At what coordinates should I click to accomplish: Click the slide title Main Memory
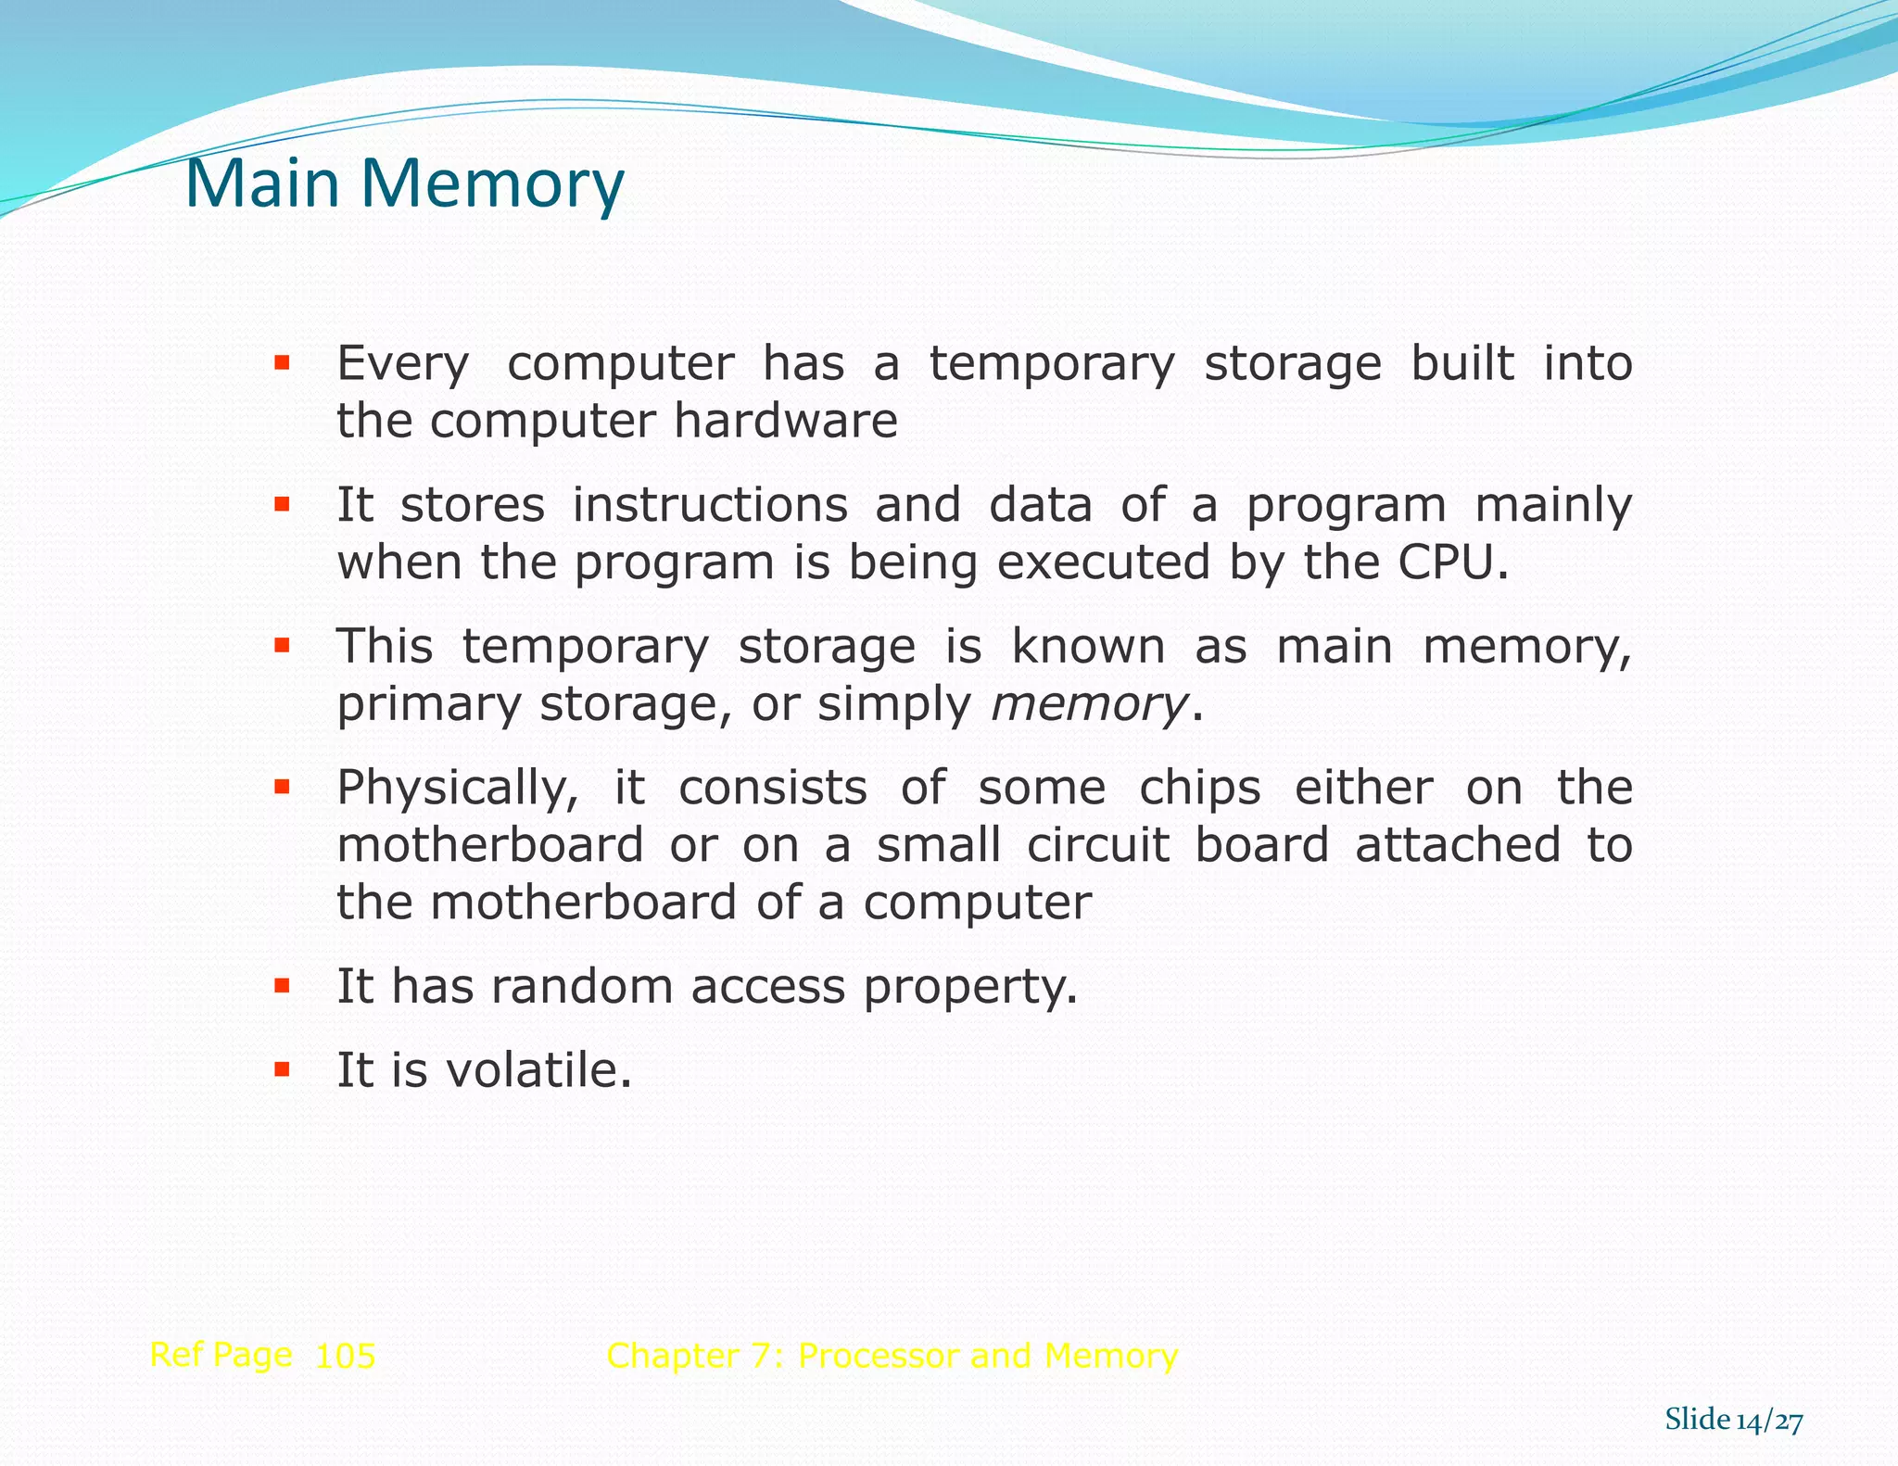pos(405,184)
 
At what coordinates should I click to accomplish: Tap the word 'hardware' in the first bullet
pos(785,422)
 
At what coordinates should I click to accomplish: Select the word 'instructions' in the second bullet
pos(709,506)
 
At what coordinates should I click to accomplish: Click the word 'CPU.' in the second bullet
pos(1453,562)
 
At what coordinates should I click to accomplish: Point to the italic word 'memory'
pos(1089,705)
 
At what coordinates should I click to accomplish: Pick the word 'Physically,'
pos(457,790)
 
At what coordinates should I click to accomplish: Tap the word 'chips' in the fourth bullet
pos(1199,789)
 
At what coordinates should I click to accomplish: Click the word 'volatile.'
pos(538,1070)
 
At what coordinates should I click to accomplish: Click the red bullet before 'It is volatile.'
pos(282,1070)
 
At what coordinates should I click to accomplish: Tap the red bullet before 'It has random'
pos(282,985)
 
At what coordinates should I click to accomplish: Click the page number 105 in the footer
pos(345,1357)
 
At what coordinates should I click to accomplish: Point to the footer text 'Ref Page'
pos(221,1355)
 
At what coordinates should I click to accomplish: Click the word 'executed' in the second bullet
pos(1104,562)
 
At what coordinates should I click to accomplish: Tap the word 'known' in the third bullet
pos(1088,647)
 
